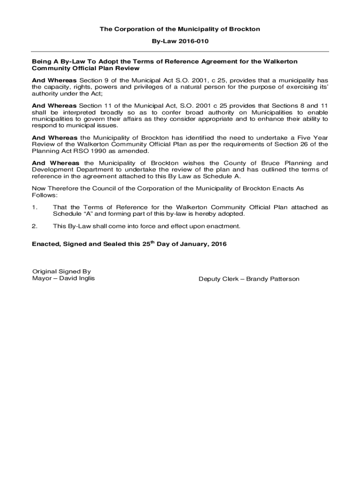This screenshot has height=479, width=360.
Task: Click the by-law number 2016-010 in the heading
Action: (193, 41)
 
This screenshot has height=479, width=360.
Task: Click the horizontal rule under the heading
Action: (180, 51)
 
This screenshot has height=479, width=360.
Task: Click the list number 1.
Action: (34, 207)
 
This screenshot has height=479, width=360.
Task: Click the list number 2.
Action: (34, 226)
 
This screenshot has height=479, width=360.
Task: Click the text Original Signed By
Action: (61, 271)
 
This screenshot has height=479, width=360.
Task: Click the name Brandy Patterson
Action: (273, 279)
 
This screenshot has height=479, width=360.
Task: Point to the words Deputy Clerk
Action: (217, 279)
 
